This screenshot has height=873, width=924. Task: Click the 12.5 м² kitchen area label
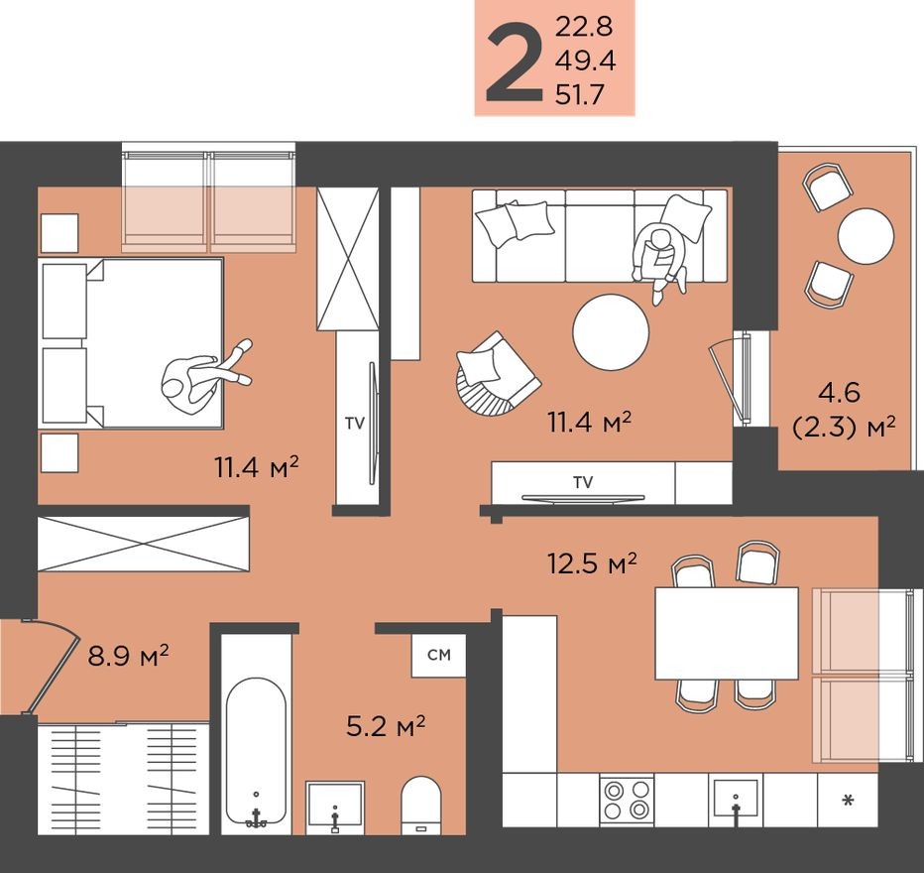[592, 563]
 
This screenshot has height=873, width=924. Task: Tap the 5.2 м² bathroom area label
[385, 727]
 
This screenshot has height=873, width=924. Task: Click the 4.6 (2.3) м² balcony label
[845, 411]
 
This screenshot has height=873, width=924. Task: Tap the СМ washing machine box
[438, 655]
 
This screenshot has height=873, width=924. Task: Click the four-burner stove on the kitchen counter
[627, 800]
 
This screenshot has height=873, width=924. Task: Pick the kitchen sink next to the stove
[735, 799]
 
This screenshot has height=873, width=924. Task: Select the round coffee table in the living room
[612, 332]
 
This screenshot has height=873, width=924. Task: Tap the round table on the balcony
[866, 235]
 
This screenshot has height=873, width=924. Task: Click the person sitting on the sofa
[658, 257]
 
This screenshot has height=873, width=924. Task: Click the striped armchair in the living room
[493, 374]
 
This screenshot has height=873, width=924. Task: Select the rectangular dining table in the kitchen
[727, 633]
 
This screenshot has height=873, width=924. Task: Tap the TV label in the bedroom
[354, 423]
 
